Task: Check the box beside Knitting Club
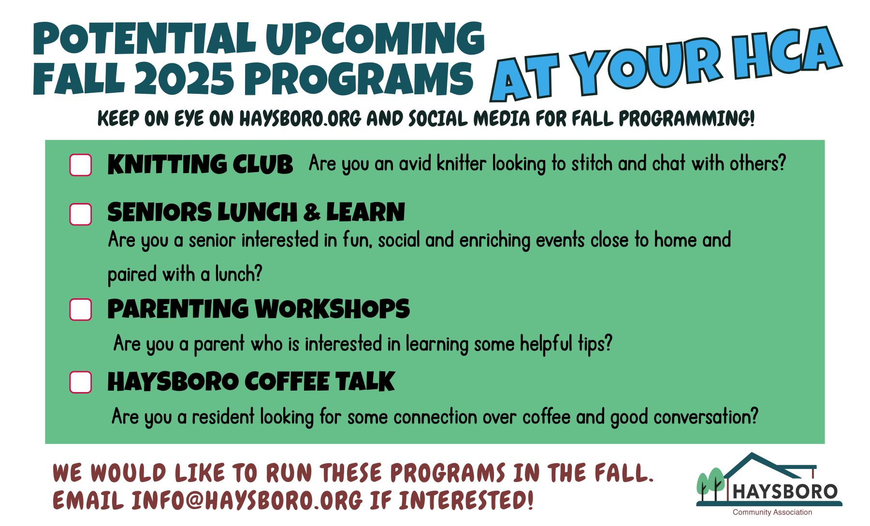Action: click(x=81, y=165)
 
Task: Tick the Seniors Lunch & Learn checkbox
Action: click(x=81, y=214)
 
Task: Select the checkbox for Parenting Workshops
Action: click(x=81, y=309)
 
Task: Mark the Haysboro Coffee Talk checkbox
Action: click(x=81, y=382)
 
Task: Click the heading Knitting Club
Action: click(x=200, y=164)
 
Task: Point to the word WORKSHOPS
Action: click(x=332, y=309)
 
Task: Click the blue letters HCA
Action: click(x=786, y=51)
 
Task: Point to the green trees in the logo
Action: click(x=710, y=483)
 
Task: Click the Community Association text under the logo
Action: click(x=772, y=512)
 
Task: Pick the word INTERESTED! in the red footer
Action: click(x=466, y=500)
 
